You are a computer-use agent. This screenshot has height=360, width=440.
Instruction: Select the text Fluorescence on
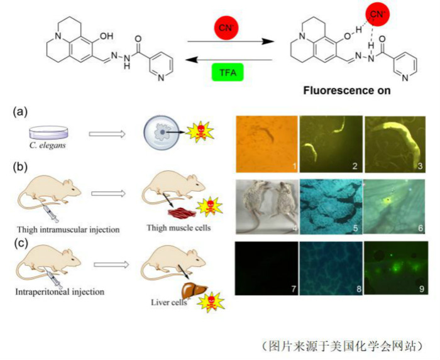point(347,90)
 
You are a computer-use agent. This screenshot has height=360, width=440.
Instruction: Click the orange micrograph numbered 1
point(266,144)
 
